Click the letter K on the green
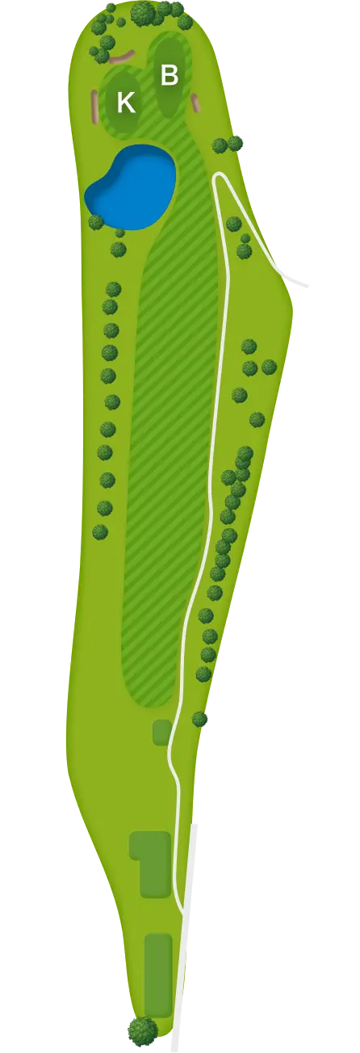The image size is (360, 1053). pyautogui.click(x=126, y=102)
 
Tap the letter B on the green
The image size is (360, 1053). pyautogui.click(x=170, y=75)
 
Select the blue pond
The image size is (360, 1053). pyautogui.click(x=131, y=187)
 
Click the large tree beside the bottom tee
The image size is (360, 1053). pyautogui.click(x=142, y=1029)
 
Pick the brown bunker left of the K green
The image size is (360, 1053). pyautogui.click(x=95, y=107)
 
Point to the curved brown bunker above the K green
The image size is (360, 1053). pyautogui.click(x=121, y=57)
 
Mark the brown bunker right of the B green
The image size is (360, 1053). pyautogui.click(x=196, y=103)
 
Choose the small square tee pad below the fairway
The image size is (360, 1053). pyautogui.click(x=162, y=732)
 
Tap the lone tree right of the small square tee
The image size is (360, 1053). pyautogui.click(x=199, y=719)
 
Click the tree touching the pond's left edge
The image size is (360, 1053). pyautogui.click(x=96, y=222)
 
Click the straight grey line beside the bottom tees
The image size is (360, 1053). pyautogui.click(x=185, y=945)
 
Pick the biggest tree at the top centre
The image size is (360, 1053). pyautogui.click(x=141, y=13)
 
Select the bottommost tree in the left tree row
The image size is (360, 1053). pyautogui.click(x=100, y=532)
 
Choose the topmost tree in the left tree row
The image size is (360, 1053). pyautogui.click(x=114, y=289)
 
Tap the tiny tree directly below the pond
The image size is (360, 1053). pyautogui.click(x=119, y=233)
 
